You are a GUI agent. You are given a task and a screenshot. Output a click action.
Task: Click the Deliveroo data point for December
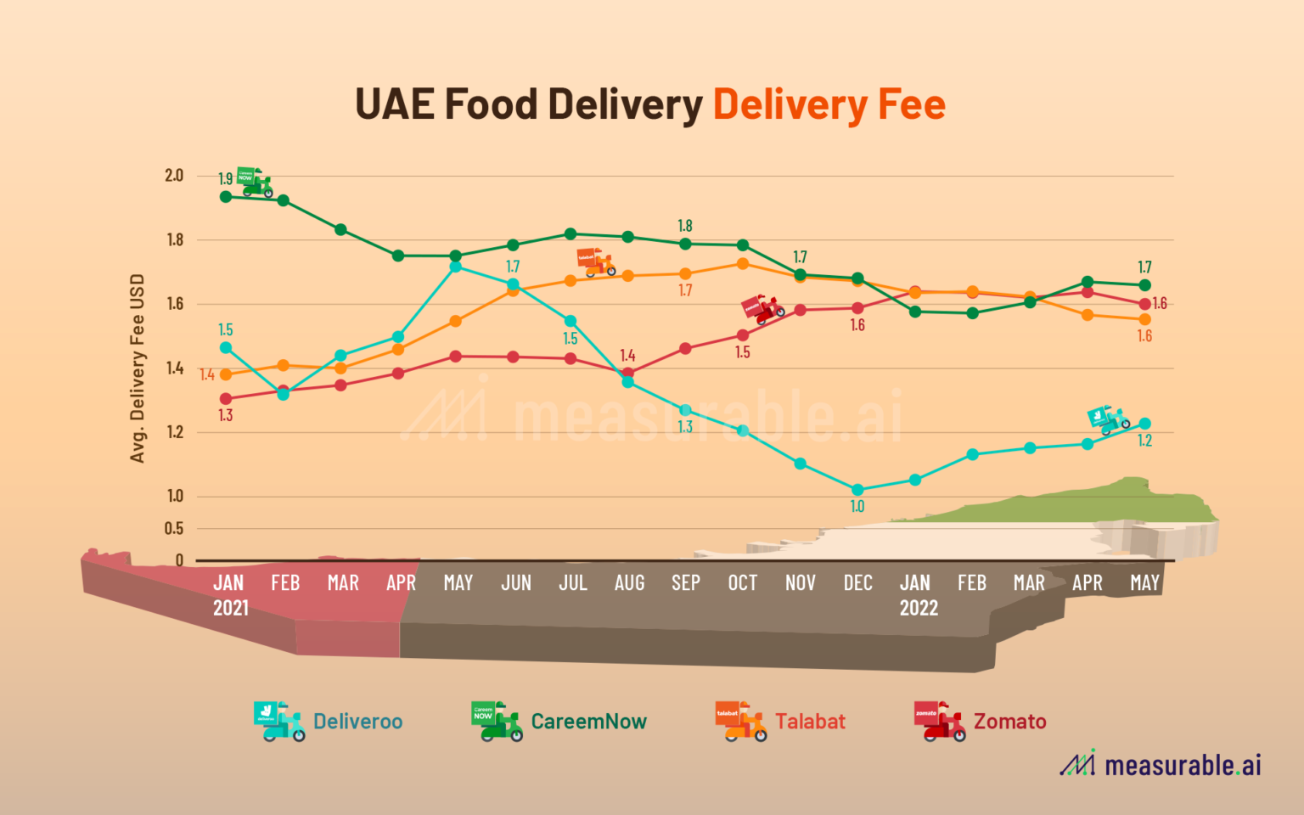pos(857,490)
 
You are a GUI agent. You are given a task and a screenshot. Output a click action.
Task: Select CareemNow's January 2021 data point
pos(226,197)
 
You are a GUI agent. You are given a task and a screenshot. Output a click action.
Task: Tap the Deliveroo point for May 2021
pos(456,267)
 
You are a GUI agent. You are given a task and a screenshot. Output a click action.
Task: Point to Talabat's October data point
pos(743,263)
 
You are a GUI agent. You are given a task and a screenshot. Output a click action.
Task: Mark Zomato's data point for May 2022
pos(1144,304)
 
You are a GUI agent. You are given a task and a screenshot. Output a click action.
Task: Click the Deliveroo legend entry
pos(357,722)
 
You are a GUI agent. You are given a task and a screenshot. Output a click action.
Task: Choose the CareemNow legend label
pos(588,722)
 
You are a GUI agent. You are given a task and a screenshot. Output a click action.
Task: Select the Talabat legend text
pos(810,722)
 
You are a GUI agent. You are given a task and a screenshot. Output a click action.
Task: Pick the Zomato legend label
pos(1009,722)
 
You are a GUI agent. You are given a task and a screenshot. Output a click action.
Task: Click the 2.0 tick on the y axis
pos(174,175)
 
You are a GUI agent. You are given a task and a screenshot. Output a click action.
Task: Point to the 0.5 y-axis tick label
pos(174,528)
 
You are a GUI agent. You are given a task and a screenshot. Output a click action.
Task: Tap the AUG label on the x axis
pos(629,583)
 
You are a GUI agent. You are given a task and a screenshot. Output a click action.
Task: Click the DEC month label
pos(857,583)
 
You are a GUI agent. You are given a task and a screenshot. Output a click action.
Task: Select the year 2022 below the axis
pos(919,608)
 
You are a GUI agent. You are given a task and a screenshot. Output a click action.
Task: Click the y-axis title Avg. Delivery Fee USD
pos(138,368)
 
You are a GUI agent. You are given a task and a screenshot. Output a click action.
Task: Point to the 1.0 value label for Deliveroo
pos(857,507)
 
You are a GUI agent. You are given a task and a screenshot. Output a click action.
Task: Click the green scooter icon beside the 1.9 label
pos(254,182)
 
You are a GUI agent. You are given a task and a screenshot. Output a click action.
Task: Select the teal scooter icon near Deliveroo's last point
pos(1108,419)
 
